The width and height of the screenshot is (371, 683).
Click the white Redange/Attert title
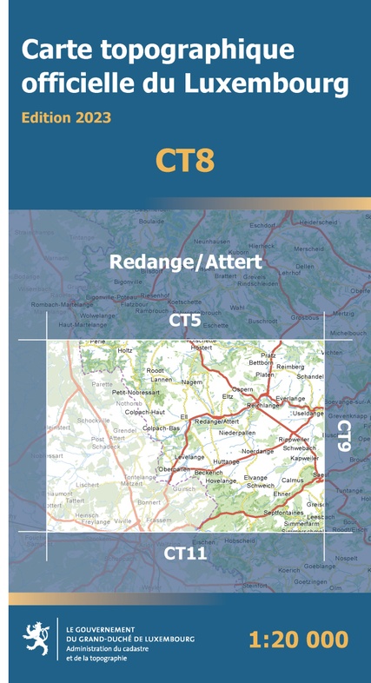click(x=185, y=262)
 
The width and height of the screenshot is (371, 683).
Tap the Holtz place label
click(x=125, y=350)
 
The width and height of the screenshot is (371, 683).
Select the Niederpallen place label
click(x=237, y=432)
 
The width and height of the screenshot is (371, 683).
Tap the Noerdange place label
click(x=257, y=451)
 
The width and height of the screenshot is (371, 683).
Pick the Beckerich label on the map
click(x=209, y=472)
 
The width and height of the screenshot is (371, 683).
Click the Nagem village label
click(x=192, y=381)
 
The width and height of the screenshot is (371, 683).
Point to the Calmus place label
click(x=293, y=479)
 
